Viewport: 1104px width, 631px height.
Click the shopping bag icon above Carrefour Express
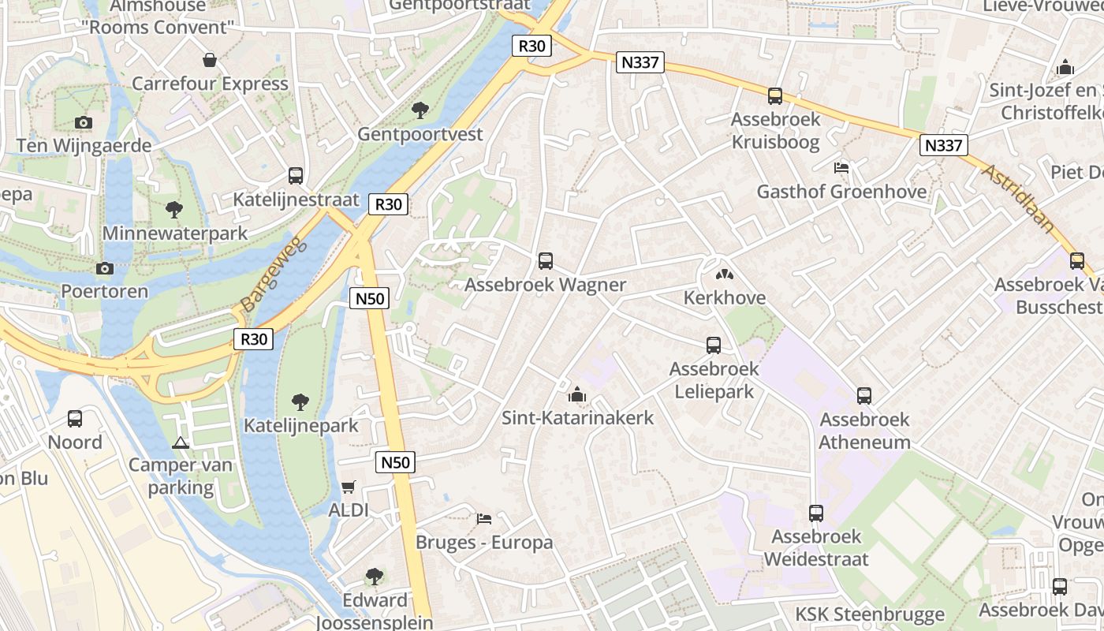pyautogui.click(x=210, y=60)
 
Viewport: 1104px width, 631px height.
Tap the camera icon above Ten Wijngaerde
pyautogui.click(x=83, y=122)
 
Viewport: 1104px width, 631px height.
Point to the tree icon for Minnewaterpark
pyautogui.click(x=174, y=210)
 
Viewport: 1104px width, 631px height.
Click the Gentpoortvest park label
pyautogui.click(x=420, y=134)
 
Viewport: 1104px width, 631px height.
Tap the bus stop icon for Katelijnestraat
pyautogui.click(x=296, y=176)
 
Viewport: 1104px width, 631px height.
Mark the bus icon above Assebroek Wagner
pyautogui.click(x=545, y=261)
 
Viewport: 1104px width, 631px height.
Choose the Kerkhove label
pyautogui.click(x=724, y=298)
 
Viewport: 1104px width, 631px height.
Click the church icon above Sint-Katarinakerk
pyautogui.click(x=577, y=394)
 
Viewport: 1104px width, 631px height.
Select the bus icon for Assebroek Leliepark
pyautogui.click(x=714, y=345)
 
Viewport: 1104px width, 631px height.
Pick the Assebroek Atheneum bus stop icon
pyautogui.click(x=864, y=396)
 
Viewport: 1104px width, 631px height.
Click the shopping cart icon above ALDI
pyautogui.click(x=348, y=487)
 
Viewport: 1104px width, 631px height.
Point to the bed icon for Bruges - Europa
pyautogui.click(x=484, y=519)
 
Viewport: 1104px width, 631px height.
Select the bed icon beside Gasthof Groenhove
pyautogui.click(x=841, y=168)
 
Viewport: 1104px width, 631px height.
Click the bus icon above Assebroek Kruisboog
pyautogui.click(x=775, y=96)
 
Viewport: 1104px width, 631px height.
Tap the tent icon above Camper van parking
pyautogui.click(x=181, y=442)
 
